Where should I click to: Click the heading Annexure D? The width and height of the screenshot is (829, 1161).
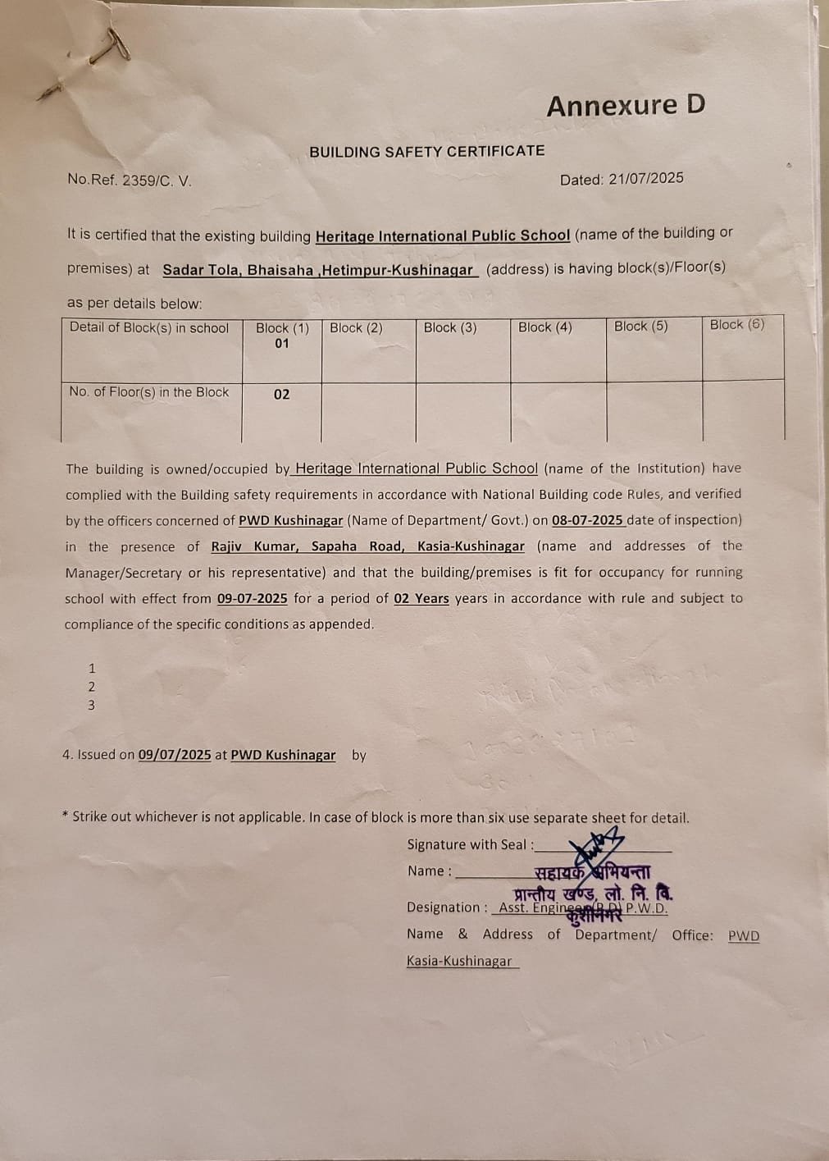point(626,106)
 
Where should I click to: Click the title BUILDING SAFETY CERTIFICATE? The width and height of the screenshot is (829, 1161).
point(426,151)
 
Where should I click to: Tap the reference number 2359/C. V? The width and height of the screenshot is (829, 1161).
point(157,181)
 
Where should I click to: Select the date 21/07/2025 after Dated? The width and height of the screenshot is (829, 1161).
point(646,179)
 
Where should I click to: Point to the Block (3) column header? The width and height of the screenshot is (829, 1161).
point(449,327)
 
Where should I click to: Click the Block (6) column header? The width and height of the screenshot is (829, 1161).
point(736,325)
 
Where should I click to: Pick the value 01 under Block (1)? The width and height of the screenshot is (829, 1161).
point(281,344)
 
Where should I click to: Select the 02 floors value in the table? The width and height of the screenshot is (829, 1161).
point(281,395)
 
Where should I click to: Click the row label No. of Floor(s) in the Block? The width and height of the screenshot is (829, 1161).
point(149,392)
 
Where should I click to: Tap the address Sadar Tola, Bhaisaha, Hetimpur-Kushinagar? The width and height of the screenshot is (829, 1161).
point(318,270)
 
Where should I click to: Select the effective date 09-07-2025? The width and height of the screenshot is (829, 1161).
point(252,599)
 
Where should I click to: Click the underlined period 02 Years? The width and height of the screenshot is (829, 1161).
point(421,599)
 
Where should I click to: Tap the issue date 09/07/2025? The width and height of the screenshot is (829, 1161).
point(175,755)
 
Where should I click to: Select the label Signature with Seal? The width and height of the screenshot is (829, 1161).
point(470,844)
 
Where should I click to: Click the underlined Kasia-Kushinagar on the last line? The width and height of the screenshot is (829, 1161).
point(459,962)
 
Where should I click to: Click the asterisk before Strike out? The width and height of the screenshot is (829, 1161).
point(65,816)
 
